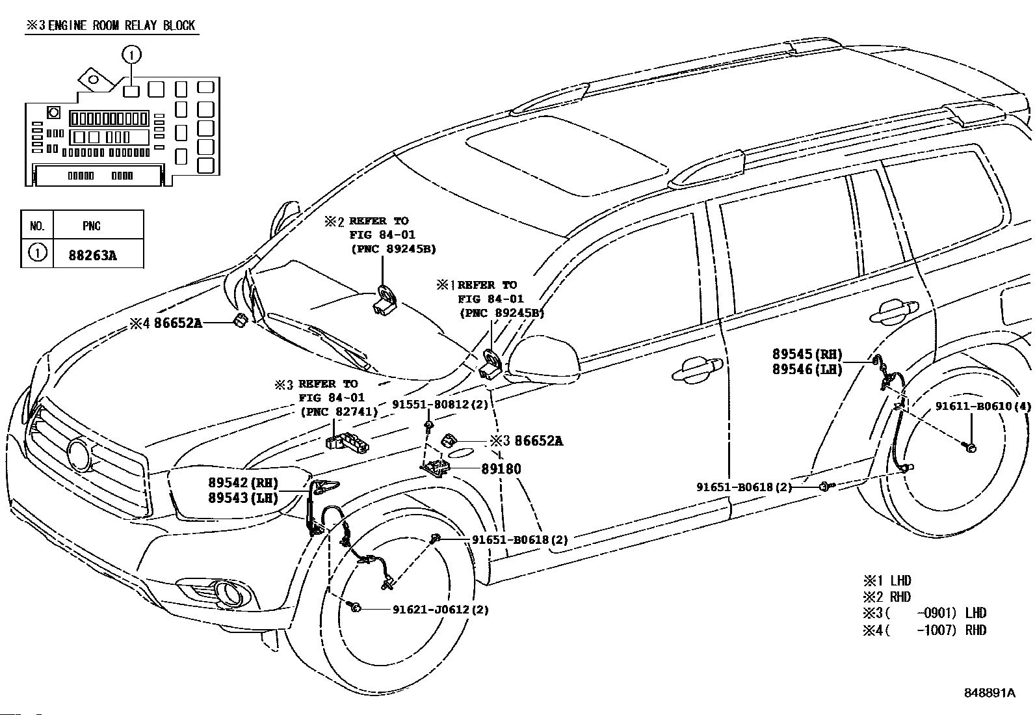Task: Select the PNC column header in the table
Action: coord(92,226)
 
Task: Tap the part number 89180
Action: coord(501,469)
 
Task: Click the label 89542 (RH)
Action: coord(243,483)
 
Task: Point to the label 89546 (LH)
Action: coord(807,369)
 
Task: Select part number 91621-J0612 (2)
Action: coord(440,610)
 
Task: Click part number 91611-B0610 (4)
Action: coord(983,406)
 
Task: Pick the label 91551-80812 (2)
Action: coord(440,404)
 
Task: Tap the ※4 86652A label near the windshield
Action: coord(166,323)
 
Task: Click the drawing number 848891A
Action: coord(989,693)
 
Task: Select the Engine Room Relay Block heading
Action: coord(111,25)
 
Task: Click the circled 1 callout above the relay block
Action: coord(131,55)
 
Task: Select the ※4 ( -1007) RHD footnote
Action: coord(924,630)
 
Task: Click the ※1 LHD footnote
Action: coord(887,581)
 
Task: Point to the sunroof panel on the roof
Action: coord(566,156)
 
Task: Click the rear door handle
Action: coord(894,311)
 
